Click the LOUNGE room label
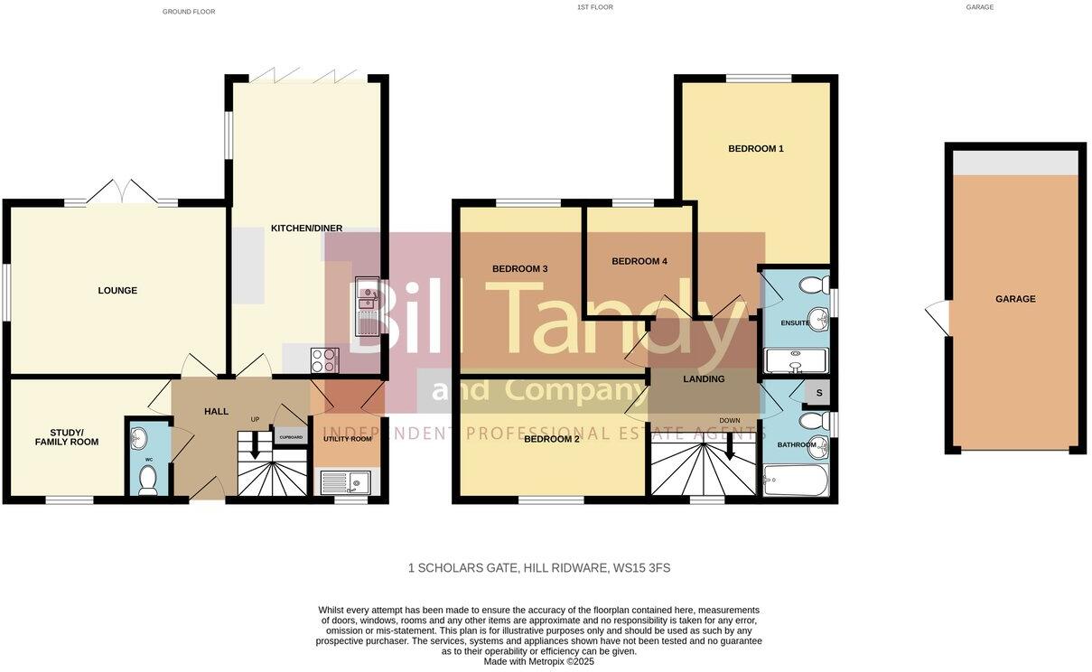pos(117,291)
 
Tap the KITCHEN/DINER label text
pos(306,229)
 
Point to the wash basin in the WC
pos(137,439)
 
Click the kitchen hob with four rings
pos(324,360)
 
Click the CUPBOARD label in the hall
pos(291,437)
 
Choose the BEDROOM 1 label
pos(756,149)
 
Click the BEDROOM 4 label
pos(639,262)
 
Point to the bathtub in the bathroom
pos(795,480)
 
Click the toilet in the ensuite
pos(816,285)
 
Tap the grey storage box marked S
pos(818,393)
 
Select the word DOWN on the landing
pos(730,421)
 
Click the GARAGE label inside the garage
pos(1015,299)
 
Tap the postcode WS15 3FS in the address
pos(641,568)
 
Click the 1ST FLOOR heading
pos(594,7)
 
